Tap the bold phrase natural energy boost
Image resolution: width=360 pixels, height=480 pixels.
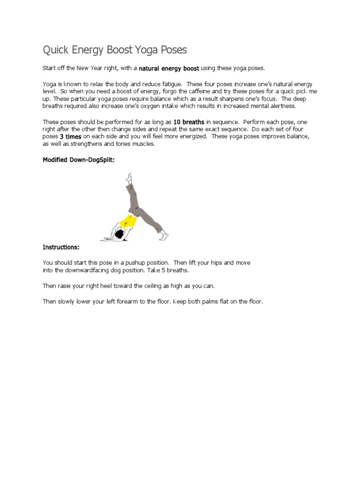(x=169, y=68)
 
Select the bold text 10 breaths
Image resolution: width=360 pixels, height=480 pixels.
(x=188, y=122)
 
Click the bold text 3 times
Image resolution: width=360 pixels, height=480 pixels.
(x=70, y=136)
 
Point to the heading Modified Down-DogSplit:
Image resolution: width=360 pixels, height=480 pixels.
(x=78, y=160)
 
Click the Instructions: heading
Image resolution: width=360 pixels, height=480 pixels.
(x=61, y=247)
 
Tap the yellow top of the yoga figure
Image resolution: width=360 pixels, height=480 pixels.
(x=127, y=220)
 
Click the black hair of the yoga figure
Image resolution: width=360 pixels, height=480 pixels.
(x=119, y=233)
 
